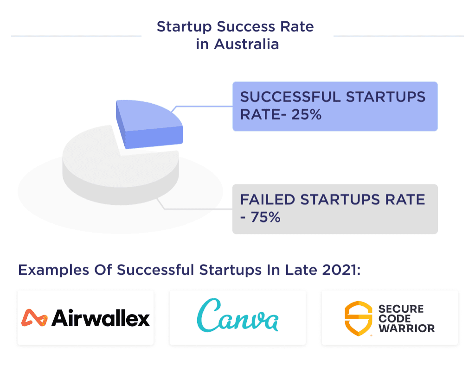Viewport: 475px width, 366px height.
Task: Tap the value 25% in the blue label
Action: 306,114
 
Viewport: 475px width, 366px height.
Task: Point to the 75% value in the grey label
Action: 265,217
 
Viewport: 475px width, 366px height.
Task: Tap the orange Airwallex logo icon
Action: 34,318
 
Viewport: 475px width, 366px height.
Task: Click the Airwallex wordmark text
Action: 101,318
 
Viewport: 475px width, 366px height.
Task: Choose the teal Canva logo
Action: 237,316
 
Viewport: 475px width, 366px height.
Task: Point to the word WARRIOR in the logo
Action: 407,328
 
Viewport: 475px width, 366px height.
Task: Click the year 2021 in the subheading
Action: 342,270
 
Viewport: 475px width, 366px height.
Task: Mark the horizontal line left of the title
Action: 76,36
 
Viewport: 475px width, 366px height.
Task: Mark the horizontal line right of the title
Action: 398,36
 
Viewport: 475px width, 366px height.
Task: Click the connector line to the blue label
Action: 204,106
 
